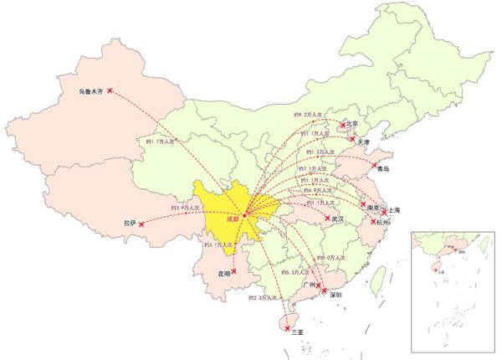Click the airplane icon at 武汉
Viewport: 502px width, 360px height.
[x=326, y=216]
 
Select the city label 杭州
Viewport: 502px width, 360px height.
[x=384, y=224]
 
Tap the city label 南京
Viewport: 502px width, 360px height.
[x=374, y=207]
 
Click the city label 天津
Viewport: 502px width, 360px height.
[x=363, y=143]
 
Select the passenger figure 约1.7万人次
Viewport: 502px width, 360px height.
[x=161, y=141]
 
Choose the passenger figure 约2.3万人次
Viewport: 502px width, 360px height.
[x=262, y=297]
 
